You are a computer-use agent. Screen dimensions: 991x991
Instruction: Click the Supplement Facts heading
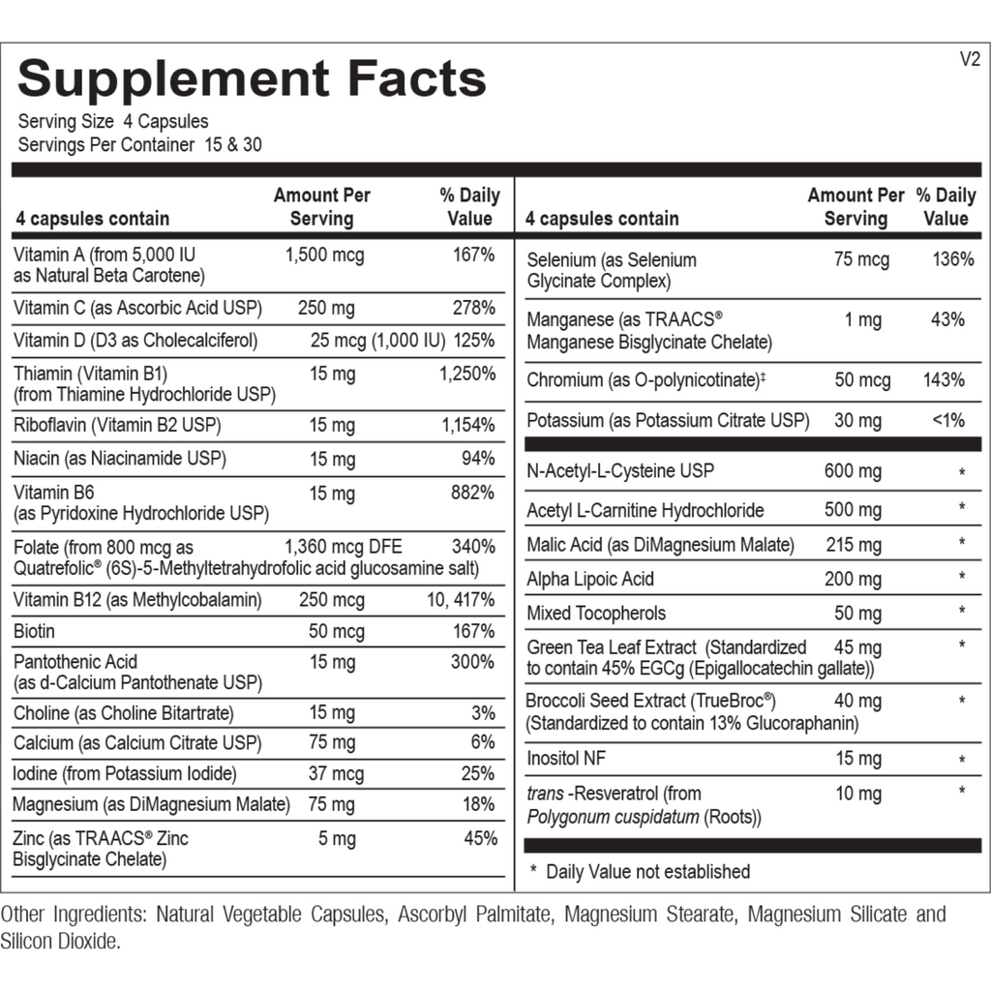[252, 79]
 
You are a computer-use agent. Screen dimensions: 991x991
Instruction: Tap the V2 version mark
[970, 59]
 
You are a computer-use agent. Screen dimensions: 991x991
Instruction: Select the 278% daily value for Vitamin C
[473, 309]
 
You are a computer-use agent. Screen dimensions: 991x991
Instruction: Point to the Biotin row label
[34, 632]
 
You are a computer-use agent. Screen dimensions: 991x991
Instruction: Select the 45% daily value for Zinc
[480, 839]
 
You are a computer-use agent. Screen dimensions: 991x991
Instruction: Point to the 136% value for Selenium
[953, 260]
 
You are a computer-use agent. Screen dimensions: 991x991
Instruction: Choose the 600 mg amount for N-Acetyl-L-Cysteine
[853, 471]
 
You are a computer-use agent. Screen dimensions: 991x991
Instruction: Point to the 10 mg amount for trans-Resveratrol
[858, 795]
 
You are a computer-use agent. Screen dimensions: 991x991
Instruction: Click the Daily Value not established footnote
[646, 872]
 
